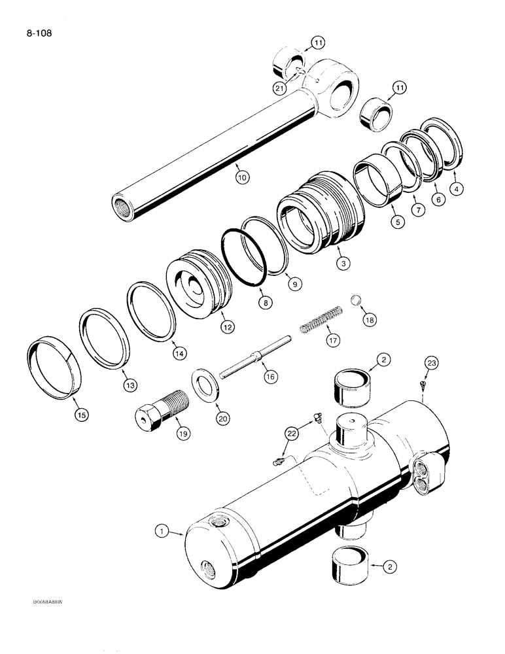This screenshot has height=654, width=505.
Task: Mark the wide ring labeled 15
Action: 55,367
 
